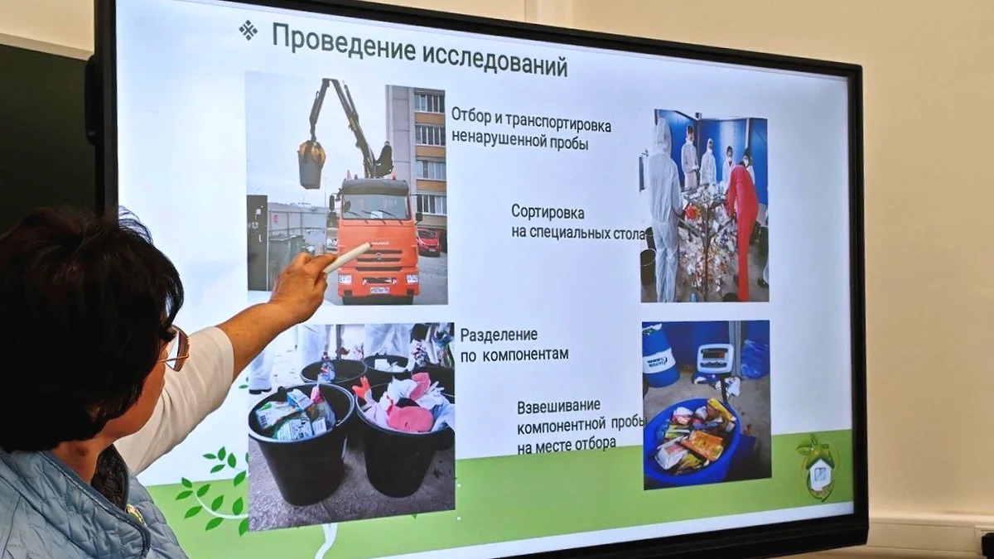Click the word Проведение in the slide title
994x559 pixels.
pos(344,43)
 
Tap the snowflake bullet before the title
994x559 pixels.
pos(248,31)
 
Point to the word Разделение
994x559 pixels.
pos(499,335)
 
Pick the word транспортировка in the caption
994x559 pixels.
pos(558,122)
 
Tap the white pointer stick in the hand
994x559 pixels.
pos(347,258)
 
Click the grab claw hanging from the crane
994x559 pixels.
pos(311,163)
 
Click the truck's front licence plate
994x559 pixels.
pos(379,290)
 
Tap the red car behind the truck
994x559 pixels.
pos(429,241)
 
